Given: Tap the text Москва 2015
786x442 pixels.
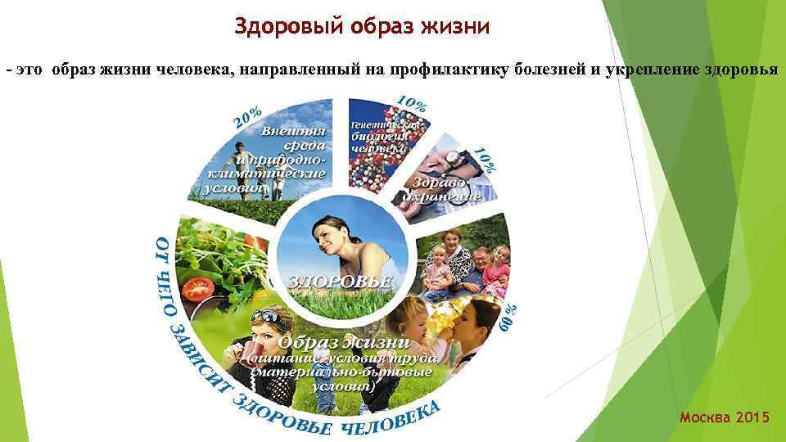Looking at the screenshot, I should pos(725,418).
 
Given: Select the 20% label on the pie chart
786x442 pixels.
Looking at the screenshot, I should pos(249,117).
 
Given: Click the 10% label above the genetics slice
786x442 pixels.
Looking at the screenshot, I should pos(411,104).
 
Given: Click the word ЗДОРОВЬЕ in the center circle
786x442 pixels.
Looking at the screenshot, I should pos(340,281).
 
